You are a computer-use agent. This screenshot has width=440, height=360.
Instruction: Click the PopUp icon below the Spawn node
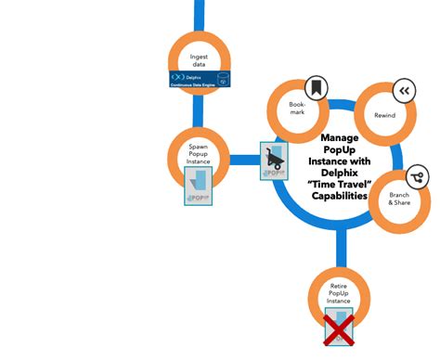(199, 186)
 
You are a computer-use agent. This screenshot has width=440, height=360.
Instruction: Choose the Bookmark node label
(297, 109)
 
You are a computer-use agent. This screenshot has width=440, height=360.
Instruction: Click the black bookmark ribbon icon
(317, 88)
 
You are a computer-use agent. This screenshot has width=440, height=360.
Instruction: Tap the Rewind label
(384, 115)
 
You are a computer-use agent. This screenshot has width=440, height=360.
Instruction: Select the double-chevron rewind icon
(403, 90)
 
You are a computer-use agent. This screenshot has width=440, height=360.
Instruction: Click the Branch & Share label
(399, 199)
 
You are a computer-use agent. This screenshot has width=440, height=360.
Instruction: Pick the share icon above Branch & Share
(417, 175)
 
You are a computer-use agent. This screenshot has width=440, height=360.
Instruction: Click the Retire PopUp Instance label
(340, 293)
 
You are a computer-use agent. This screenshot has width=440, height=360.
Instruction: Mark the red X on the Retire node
(340, 329)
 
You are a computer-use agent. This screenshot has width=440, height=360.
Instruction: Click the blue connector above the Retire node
(340, 249)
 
